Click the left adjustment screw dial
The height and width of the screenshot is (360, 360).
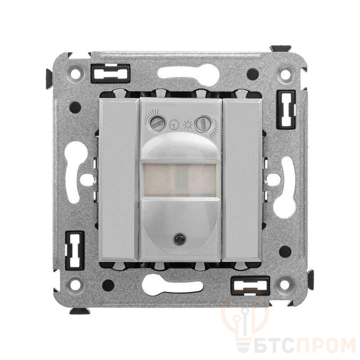(156, 123)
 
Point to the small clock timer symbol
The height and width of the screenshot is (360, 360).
(174, 125)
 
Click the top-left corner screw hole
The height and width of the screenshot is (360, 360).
(76, 74)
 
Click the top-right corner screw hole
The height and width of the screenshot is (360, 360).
(285, 74)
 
